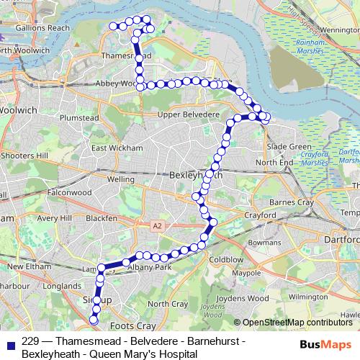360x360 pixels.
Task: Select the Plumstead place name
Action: pos(78,117)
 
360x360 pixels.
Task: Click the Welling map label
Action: pos(120,179)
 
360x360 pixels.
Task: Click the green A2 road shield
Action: pos(157,226)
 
